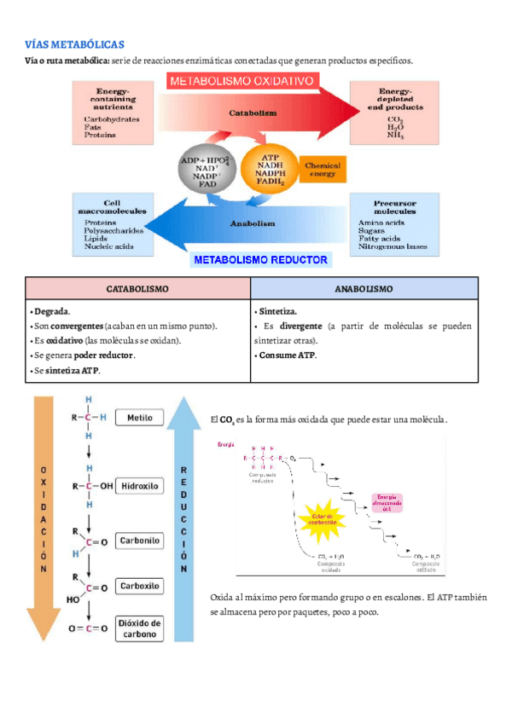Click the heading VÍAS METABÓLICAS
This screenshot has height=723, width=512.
75,44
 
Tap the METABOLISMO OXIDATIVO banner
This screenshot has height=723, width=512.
243,82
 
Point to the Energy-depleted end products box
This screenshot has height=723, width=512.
396,112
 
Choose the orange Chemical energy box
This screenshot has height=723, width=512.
322,171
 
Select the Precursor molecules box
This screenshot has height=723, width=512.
396,223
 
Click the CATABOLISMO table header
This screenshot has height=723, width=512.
137,289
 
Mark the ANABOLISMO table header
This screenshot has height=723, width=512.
364,289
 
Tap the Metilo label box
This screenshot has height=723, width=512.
140,419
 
